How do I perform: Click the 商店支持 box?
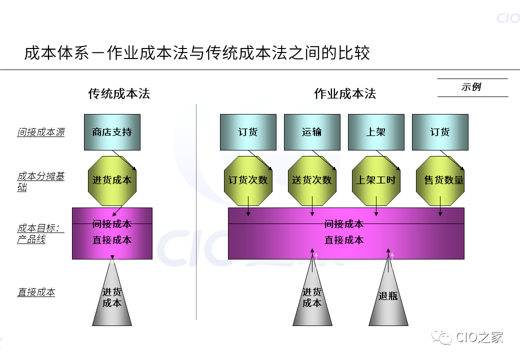(112, 132)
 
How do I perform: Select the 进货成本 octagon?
(112, 180)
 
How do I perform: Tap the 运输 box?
(312, 132)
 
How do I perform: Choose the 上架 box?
(376, 132)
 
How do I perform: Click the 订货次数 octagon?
(248, 180)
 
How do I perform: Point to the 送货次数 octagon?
(312, 180)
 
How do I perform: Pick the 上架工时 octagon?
(376, 180)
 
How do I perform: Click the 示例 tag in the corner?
(471, 87)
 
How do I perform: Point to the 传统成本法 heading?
(119, 93)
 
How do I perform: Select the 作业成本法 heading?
(344, 93)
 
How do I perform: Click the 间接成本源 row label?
(41, 132)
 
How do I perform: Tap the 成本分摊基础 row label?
(41, 182)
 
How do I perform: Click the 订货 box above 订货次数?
(248, 132)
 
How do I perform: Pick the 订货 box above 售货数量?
(440, 132)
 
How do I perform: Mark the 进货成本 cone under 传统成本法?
(112, 298)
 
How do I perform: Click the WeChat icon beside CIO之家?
(442, 337)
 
